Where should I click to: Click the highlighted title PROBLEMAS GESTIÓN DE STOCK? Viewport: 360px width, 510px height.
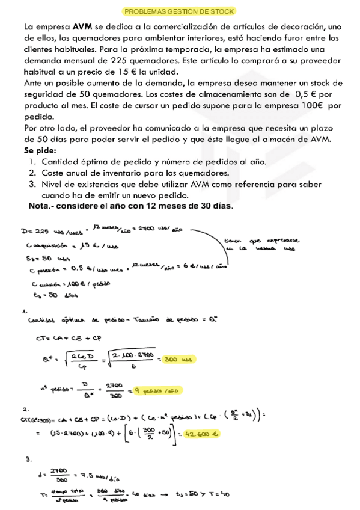pyautogui.click(x=179, y=11)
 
